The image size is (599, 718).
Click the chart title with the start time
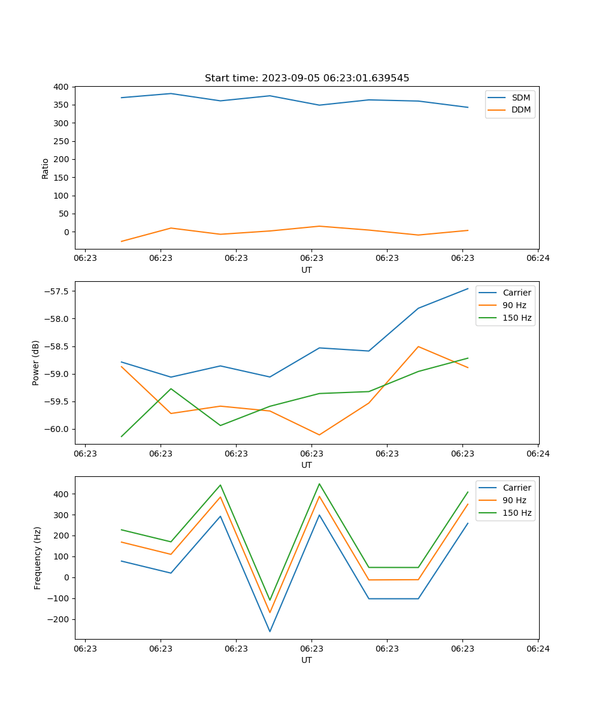[307, 78]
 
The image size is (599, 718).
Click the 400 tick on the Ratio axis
[60, 87]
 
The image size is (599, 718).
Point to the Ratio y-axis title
[46, 169]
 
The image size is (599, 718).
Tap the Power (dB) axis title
[36, 363]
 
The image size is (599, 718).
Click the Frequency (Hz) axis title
[38, 558]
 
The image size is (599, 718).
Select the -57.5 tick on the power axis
[57, 291]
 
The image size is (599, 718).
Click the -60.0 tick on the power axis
[57, 429]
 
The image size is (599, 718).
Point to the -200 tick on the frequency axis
[59, 619]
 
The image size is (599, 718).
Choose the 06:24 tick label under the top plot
[538, 258]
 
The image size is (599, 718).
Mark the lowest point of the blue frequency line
[270, 631]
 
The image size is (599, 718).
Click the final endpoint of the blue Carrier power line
[468, 288]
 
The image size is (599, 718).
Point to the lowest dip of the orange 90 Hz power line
[319, 434]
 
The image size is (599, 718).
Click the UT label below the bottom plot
[307, 660]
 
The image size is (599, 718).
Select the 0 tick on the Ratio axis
[66, 232]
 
